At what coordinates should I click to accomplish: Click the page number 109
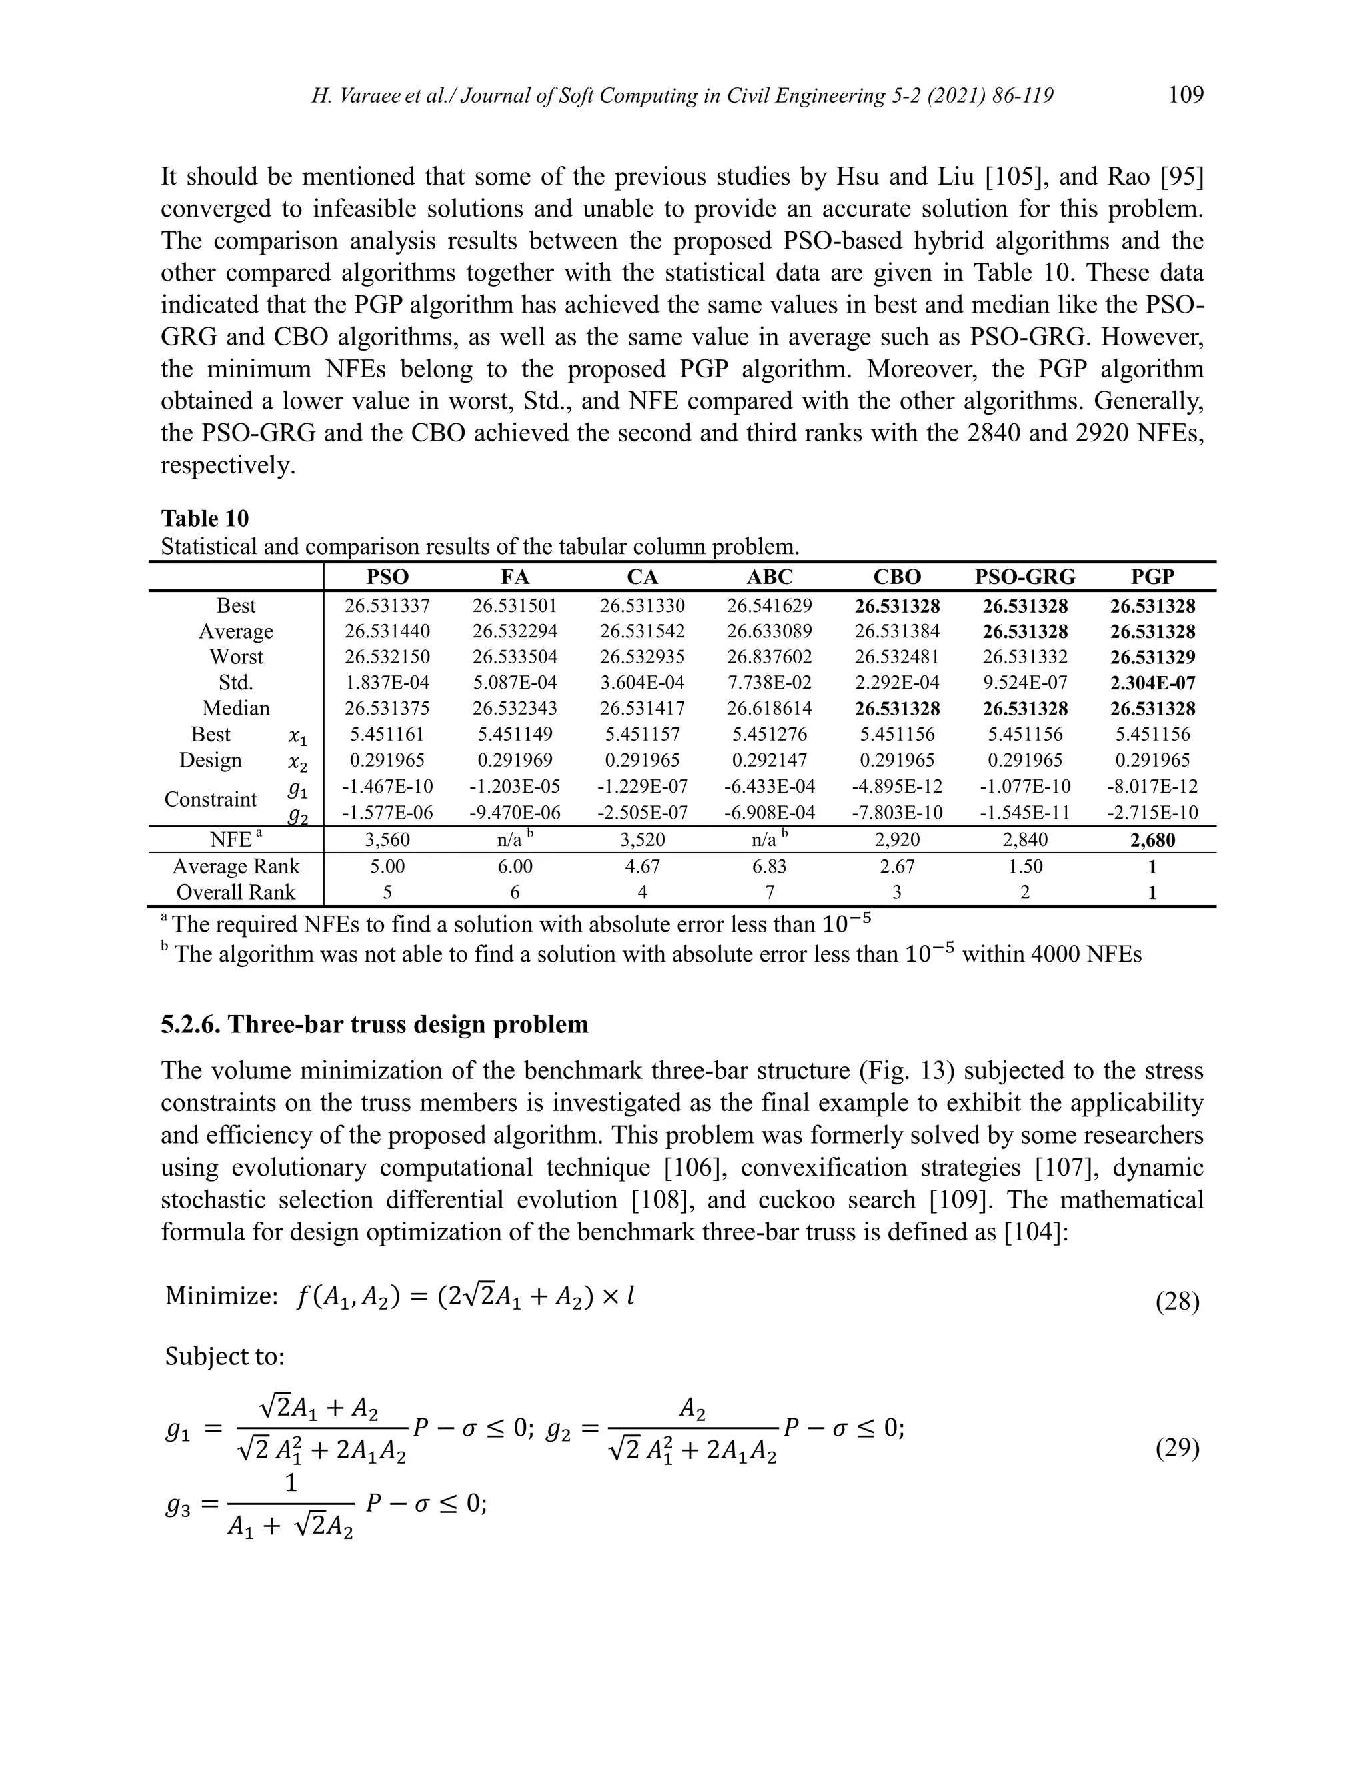(1186, 95)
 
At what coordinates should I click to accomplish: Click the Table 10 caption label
(205, 518)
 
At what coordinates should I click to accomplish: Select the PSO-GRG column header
(1024, 576)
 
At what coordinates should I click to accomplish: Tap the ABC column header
(769, 576)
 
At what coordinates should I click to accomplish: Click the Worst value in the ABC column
(769, 657)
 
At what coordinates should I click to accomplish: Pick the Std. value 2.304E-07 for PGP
(1152, 683)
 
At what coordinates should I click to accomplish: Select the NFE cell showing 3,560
(387, 839)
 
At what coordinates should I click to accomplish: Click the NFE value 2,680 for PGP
(1152, 839)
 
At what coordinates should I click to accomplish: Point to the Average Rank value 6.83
(769, 867)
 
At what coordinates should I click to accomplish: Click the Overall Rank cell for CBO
(897, 892)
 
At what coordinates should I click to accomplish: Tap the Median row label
(235, 709)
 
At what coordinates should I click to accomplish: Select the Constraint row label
(210, 799)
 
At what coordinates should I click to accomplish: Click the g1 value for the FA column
(515, 786)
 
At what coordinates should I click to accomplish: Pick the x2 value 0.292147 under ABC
(769, 761)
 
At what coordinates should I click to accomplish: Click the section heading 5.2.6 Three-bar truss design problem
(375, 1024)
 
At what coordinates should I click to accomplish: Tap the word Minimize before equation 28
(221, 1296)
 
